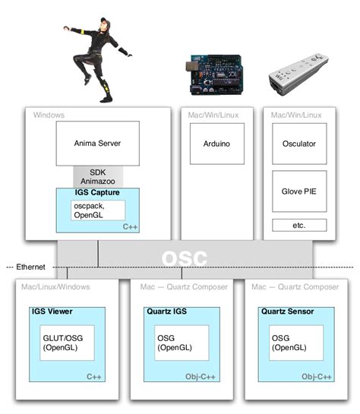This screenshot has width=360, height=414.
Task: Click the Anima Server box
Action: tap(98, 143)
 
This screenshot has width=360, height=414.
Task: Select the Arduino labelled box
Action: tap(216, 143)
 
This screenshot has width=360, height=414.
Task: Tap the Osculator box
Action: tap(298, 144)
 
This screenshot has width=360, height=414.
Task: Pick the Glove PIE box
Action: tap(298, 191)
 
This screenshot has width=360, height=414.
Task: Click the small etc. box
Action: tap(298, 225)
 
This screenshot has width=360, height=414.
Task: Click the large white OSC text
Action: tap(185, 258)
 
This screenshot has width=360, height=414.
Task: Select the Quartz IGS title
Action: tap(164, 311)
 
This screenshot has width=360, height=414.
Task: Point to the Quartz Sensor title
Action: tap(287, 311)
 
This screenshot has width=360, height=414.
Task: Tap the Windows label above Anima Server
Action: tap(49, 115)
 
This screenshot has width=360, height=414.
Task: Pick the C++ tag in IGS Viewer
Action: tap(94, 377)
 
